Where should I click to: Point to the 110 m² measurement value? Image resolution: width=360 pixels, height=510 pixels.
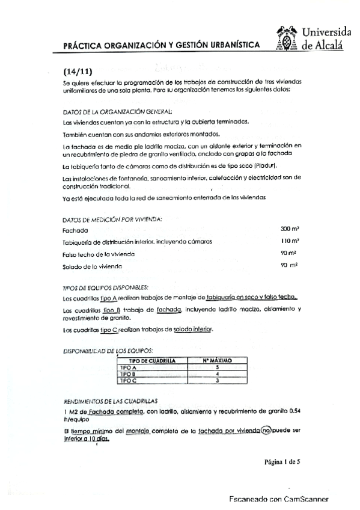(288, 241)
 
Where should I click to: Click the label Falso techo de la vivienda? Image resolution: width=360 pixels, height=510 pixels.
(99, 254)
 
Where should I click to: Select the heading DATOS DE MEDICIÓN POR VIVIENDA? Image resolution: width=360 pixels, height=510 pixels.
(112, 219)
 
